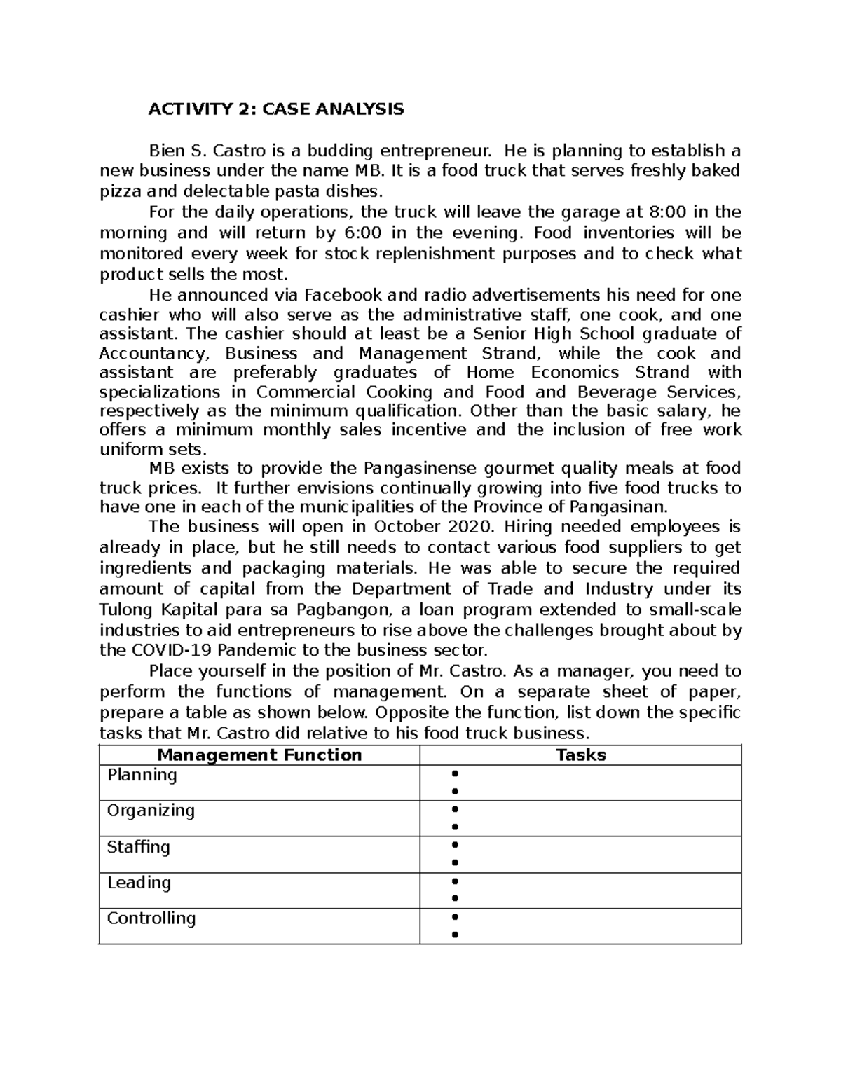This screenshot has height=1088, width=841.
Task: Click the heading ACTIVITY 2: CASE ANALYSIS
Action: point(275,109)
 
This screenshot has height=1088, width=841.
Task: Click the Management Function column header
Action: point(259,755)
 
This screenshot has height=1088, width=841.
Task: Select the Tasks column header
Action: point(580,755)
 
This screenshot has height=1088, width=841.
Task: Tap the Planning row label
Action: point(142,775)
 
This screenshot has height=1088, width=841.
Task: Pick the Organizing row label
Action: point(151,811)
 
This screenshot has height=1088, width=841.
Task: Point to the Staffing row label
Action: point(138,847)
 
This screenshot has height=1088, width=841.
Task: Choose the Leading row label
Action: point(139,883)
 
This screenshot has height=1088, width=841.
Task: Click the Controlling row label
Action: point(151,918)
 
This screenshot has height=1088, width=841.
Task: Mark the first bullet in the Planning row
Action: point(455,774)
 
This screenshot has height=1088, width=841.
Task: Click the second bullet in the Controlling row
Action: point(455,935)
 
